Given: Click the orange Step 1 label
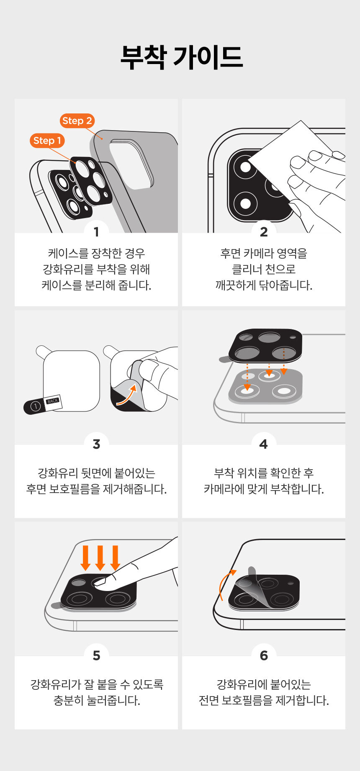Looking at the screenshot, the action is click(x=47, y=141).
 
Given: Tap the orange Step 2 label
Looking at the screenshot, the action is click(x=77, y=121).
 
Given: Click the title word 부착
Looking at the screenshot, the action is click(x=143, y=57).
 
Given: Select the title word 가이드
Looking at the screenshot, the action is click(x=208, y=57).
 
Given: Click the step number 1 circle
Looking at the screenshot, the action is click(x=96, y=231).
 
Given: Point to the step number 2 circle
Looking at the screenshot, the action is click(x=264, y=231).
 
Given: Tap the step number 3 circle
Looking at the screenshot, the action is click(x=96, y=444).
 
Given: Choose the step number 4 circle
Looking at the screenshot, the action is click(x=264, y=444).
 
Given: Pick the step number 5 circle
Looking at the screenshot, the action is click(x=96, y=655).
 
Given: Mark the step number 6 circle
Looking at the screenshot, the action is click(x=264, y=655).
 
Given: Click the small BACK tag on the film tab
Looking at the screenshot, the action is click(x=53, y=401).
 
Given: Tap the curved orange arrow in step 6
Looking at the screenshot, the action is click(x=224, y=583).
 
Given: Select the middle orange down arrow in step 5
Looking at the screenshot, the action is click(x=100, y=558).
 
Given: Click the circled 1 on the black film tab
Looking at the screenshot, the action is click(x=36, y=406).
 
